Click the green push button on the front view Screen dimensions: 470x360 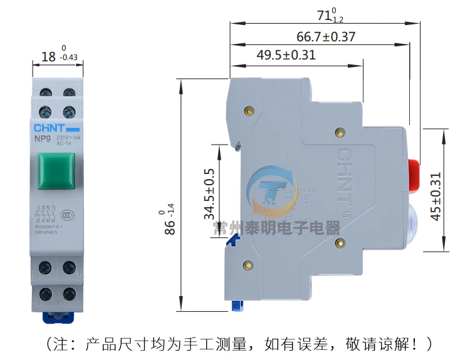click(x=58, y=170)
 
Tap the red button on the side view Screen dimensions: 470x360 click(x=414, y=175)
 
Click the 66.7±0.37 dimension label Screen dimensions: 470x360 click(x=326, y=37)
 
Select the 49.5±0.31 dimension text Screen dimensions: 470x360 click(x=286, y=55)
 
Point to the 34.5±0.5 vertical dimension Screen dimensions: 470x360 click(x=209, y=193)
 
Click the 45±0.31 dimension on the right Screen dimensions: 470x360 click(x=436, y=196)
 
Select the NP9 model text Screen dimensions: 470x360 click(x=43, y=140)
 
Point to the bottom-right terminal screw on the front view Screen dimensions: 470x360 click(x=69, y=294)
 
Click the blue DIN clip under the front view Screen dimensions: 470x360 click(x=58, y=316)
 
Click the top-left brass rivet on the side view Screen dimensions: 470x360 click(x=249, y=111)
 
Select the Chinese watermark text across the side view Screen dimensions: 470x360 click(x=276, y=227)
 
